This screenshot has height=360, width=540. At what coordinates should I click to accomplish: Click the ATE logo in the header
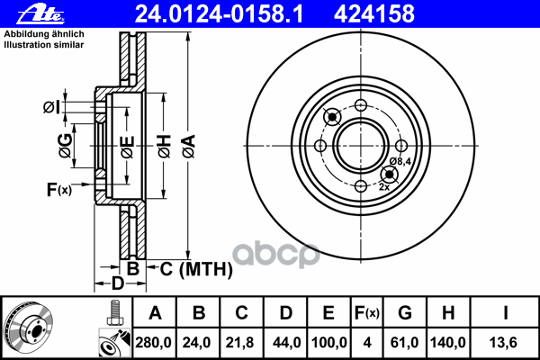point(40,14)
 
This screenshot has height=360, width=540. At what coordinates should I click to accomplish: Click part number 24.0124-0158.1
point(219,14)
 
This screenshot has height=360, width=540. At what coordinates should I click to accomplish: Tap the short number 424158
point(374,14)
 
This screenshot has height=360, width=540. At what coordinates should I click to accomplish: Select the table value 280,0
point(153,343)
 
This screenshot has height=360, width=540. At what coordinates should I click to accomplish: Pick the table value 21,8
point(239,343)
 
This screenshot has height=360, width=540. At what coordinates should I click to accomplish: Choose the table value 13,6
point(503,343)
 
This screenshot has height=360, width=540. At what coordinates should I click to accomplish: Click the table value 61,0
point(404,343)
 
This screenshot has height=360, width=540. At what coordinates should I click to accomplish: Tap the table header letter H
point(447,313)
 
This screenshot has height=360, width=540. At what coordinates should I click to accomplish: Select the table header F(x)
point(367,313)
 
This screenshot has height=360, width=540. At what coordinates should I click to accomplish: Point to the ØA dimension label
point(189,147)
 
